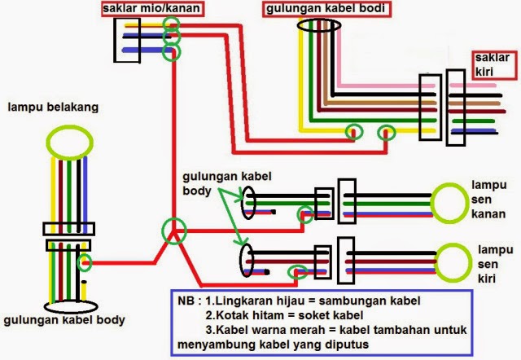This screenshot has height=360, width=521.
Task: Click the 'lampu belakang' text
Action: [x=53, y=108]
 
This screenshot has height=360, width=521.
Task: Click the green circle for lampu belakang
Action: [x=68, y=140]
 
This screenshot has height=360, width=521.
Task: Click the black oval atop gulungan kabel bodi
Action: [x=318, y=26]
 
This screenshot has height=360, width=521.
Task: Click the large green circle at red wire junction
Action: [x=173, y=230]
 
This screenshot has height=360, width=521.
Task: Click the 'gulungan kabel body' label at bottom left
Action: [x=64, y=321]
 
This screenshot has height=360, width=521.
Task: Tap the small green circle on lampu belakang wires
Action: [x=85, y=262]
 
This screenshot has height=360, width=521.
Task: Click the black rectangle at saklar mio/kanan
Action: [x=128, y=38]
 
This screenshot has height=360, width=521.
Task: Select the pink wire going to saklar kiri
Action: [x=383, y=86]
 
